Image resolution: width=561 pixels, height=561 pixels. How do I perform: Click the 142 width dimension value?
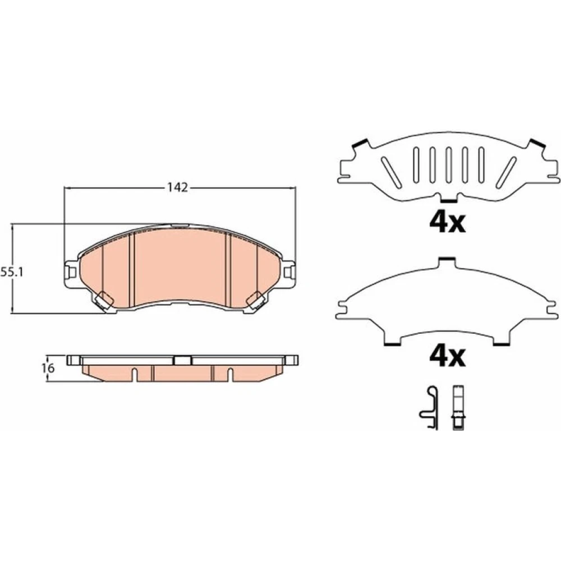pyautogui.click(x=178, y=187)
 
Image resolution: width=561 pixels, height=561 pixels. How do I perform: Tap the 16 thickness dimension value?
pyautogui.click(x=49, y=367)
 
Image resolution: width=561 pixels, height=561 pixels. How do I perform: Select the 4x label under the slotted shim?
pyautogui.click(x=447, y=222)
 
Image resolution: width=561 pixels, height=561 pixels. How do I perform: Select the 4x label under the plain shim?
pyautogui.click(x=447, y=357)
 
